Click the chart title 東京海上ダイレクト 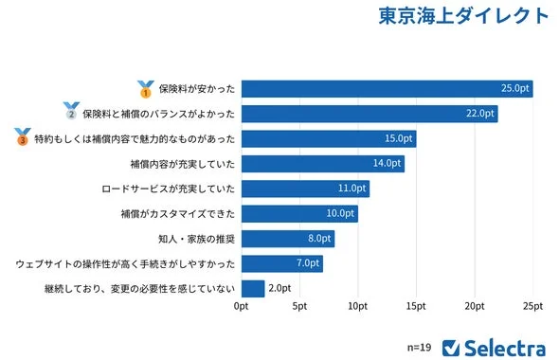(x=463, y=17)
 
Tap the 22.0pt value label (x=481, y=114)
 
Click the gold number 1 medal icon (x=146, y=89)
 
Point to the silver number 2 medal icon (x=71, y=114)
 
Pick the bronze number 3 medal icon (x=23, y=138)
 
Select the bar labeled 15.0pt (x=328, y=139)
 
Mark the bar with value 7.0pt (x=281, y=263)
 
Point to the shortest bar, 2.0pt (x=253, y=288)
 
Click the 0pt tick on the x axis (x=241, y=306)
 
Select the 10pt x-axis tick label (x=358, y=306)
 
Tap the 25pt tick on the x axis (x=533, y=306)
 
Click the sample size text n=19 (x=419, y=347)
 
